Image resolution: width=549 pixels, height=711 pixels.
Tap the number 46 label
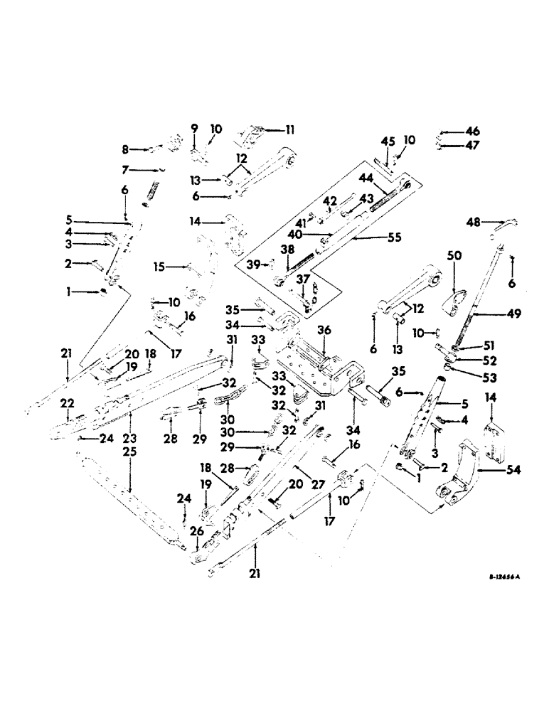tap(473, 132)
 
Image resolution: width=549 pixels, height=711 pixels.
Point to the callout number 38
tap(287, 250)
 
